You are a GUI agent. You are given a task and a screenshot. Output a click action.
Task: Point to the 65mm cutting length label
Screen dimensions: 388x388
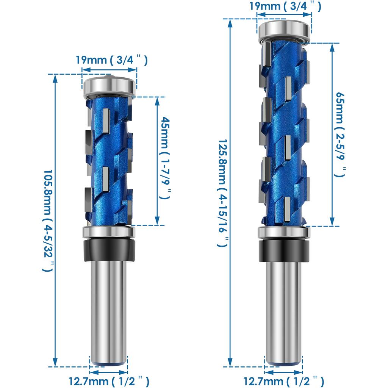point(340,135)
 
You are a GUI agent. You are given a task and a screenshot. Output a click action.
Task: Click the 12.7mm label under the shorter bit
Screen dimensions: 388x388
point(108,380)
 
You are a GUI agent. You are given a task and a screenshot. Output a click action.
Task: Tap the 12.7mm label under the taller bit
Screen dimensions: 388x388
point(283,380)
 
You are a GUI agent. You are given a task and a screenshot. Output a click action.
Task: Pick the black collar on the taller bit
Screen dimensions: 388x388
point(284,250)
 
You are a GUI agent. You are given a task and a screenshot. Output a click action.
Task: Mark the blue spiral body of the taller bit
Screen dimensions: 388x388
point(284,133)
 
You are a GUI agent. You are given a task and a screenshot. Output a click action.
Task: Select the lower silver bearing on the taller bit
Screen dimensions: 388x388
point(284,233)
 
